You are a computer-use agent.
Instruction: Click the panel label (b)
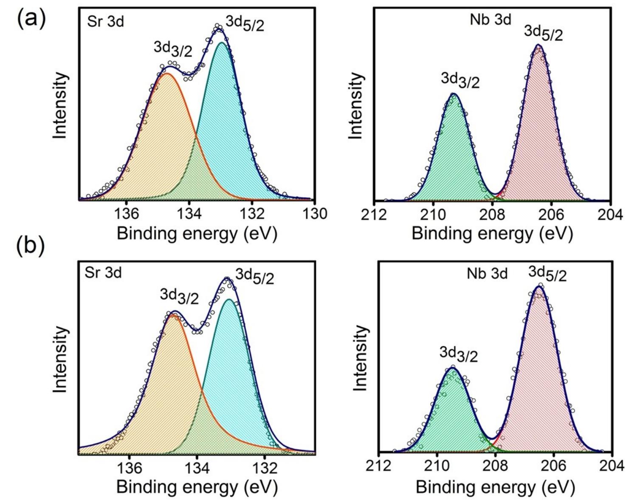(30, 246)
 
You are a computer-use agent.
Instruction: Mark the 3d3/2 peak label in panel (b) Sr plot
(179, 296)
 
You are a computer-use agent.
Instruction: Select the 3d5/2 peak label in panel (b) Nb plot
(547, 274)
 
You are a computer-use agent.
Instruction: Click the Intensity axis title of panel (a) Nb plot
(356, 105)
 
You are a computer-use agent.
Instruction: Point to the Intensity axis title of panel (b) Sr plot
(61, 359)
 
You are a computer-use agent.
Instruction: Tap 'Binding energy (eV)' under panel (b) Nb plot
(495, 486)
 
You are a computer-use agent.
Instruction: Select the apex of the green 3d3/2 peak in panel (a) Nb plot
(453, 94)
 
